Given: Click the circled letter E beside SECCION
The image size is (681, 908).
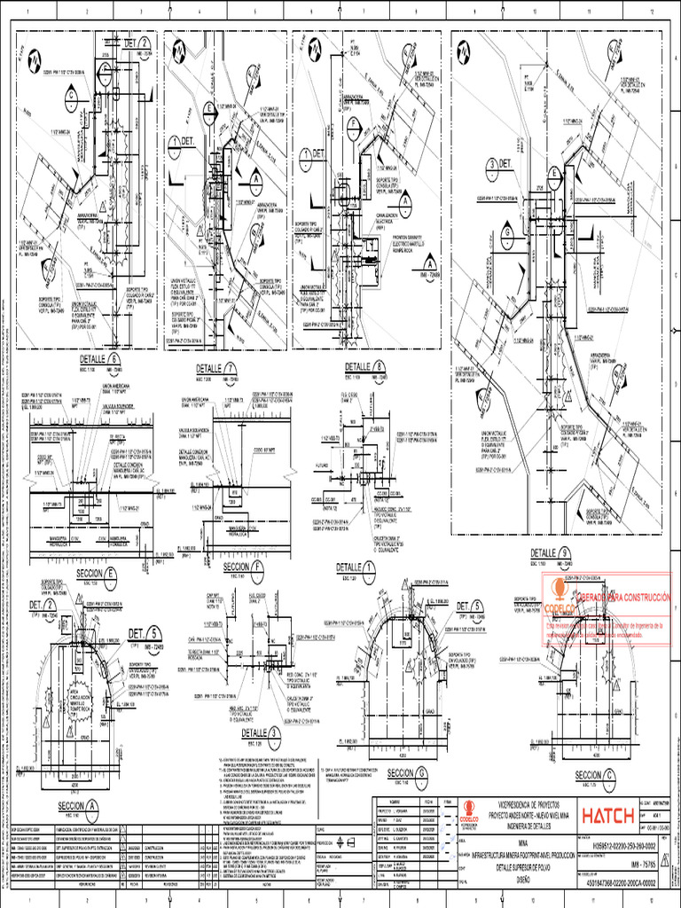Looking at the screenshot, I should (112, 574).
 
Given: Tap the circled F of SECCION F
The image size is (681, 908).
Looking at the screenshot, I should (258, 566).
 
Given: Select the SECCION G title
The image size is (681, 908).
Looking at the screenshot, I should (407, 747).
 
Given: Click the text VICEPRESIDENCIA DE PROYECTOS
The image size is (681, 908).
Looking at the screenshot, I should (531, 779).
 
